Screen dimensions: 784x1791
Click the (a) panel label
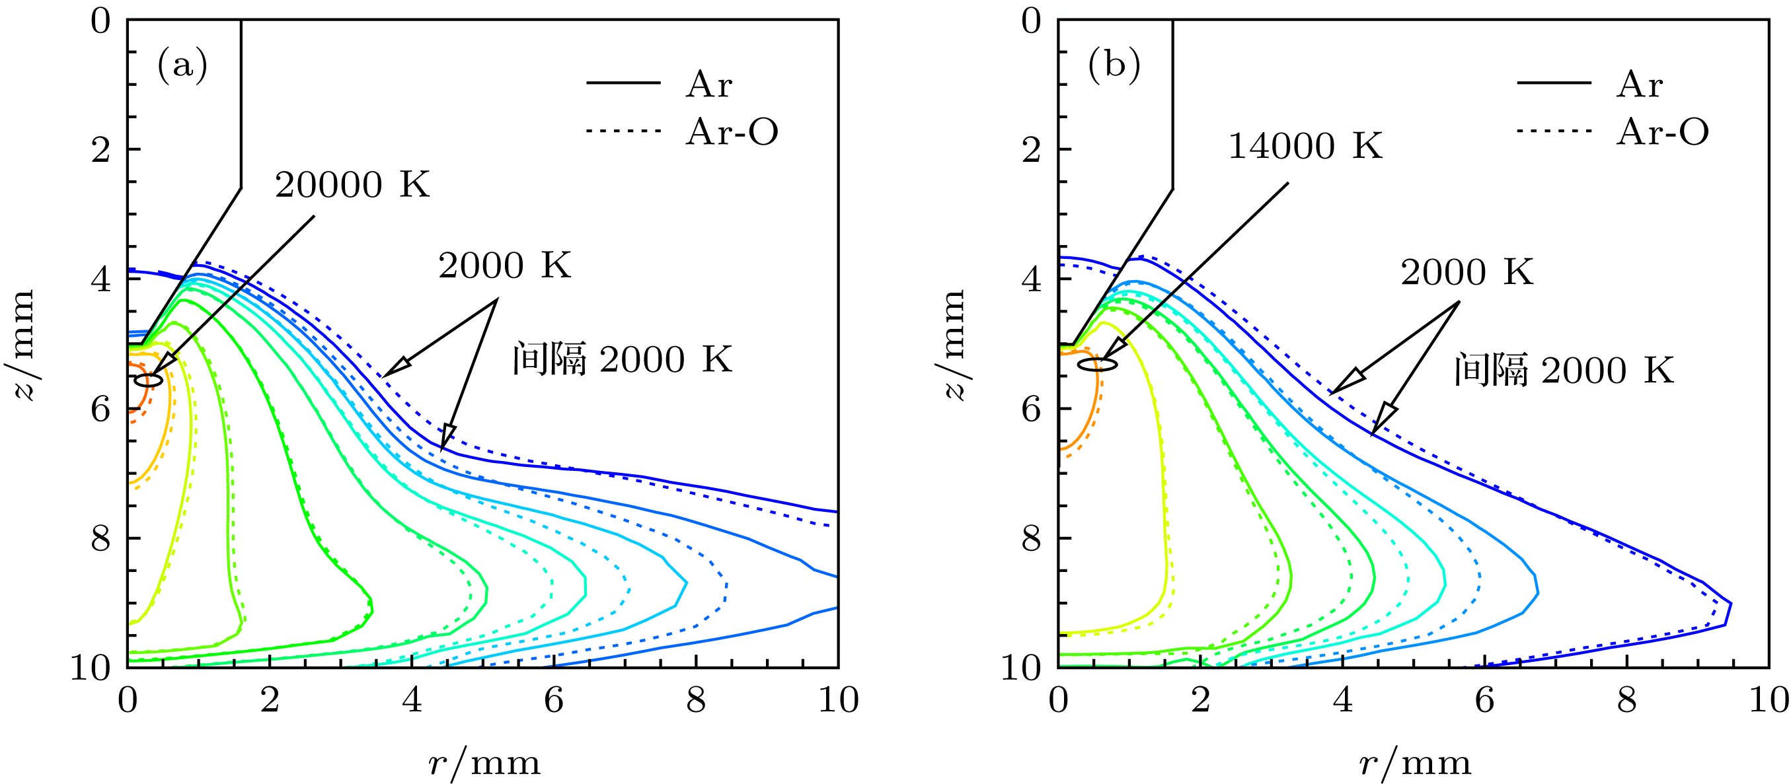tap(182, 67)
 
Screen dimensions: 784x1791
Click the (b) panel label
tap(1114, 67)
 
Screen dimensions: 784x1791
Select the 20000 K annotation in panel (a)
tap(352, 186)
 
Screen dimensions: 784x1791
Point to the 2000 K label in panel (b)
tap(1467, 273)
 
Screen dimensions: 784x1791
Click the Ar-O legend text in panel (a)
tap(732, 132)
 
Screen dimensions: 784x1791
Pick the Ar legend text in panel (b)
tap(1640, 85)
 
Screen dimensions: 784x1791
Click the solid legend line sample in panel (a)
tap(623, 83)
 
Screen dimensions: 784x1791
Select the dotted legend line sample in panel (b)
tap(1554, 131)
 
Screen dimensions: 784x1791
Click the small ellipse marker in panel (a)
tap(149, 380)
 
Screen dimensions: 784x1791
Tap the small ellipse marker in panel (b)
tap(1098, 364)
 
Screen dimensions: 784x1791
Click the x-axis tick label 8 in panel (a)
tap(696, 701)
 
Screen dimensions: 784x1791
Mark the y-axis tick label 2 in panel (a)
tap(102, 149)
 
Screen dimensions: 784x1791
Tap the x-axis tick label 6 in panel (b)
tap(1484, 701)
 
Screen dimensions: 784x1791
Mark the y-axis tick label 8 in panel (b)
tap(1032, 539)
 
